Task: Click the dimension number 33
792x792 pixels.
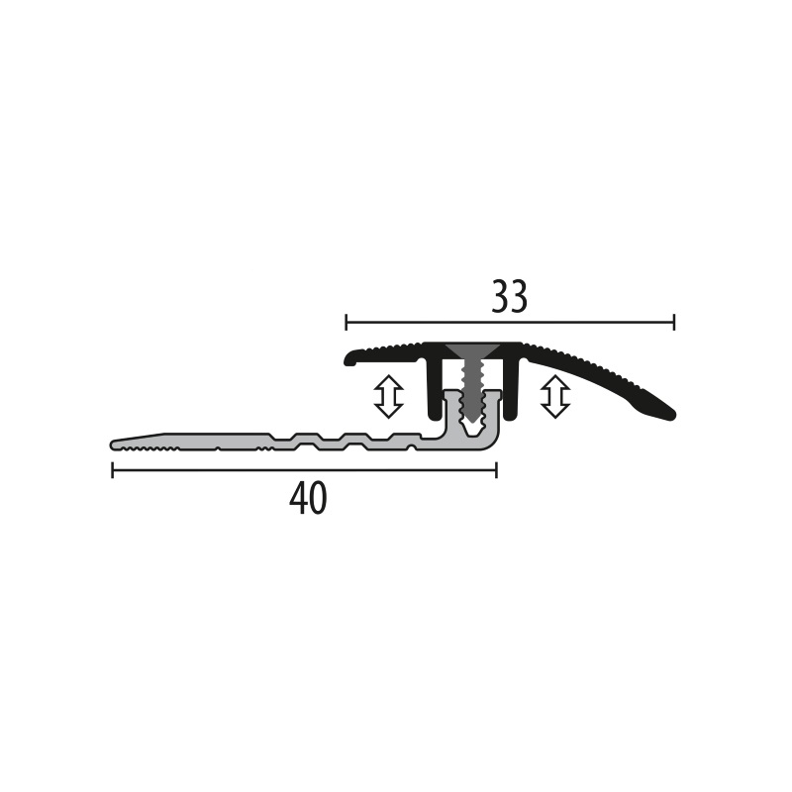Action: pos(510,297)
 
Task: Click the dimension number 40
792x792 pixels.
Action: pos(308,500)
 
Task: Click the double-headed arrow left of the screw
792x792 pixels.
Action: pos(388,396)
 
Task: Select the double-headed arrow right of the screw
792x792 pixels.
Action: pos(555,396)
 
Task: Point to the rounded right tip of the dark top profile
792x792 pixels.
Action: pos(667,412)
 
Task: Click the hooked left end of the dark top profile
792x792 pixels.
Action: pos(350,359)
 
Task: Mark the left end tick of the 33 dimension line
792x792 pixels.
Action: pos(346,322)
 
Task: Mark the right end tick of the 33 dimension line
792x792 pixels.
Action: pos(674,322)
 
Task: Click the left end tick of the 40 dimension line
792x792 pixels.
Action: pos(113,470)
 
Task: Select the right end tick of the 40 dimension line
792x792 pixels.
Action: pos(496,470)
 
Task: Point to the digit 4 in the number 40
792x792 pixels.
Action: pos(298,500)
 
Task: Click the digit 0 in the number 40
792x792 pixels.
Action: pos(318,500)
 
